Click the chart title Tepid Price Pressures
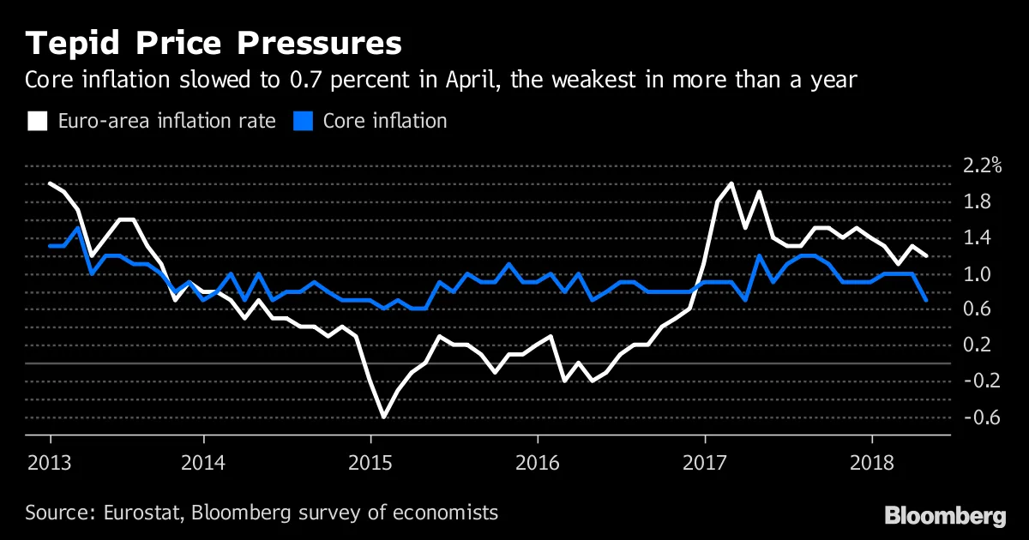coord(213,44)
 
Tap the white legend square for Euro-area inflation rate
coord(37,121)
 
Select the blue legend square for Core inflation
coord(302,121)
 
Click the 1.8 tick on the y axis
coord(978,202)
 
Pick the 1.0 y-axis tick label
coord(978,274)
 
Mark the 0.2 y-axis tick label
coord(978,345)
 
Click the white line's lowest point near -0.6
coord(382,417)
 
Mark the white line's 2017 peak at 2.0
coord(731,183)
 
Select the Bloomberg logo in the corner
coord(945,515)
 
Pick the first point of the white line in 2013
coord(51,183)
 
